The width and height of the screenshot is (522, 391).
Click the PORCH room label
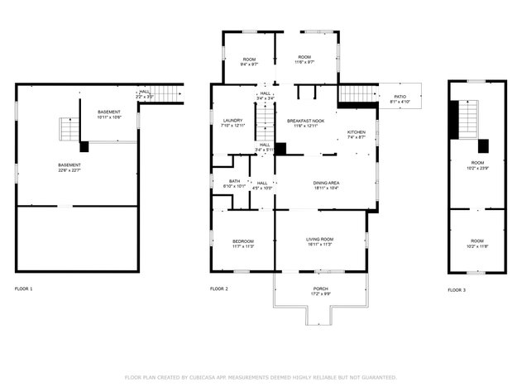click(320, 288)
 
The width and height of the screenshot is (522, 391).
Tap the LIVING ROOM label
click(320, 239)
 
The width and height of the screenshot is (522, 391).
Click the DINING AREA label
click(326, 182)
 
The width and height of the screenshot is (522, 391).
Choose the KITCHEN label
click(356, 132)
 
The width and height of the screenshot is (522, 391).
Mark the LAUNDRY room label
click(232, 121)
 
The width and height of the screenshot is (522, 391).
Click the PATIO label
click(400, 97)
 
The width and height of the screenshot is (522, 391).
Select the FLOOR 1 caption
click(24, 288)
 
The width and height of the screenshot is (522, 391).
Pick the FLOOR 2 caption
click(218, 288)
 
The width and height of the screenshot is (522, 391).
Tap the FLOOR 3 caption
click(457, 290)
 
